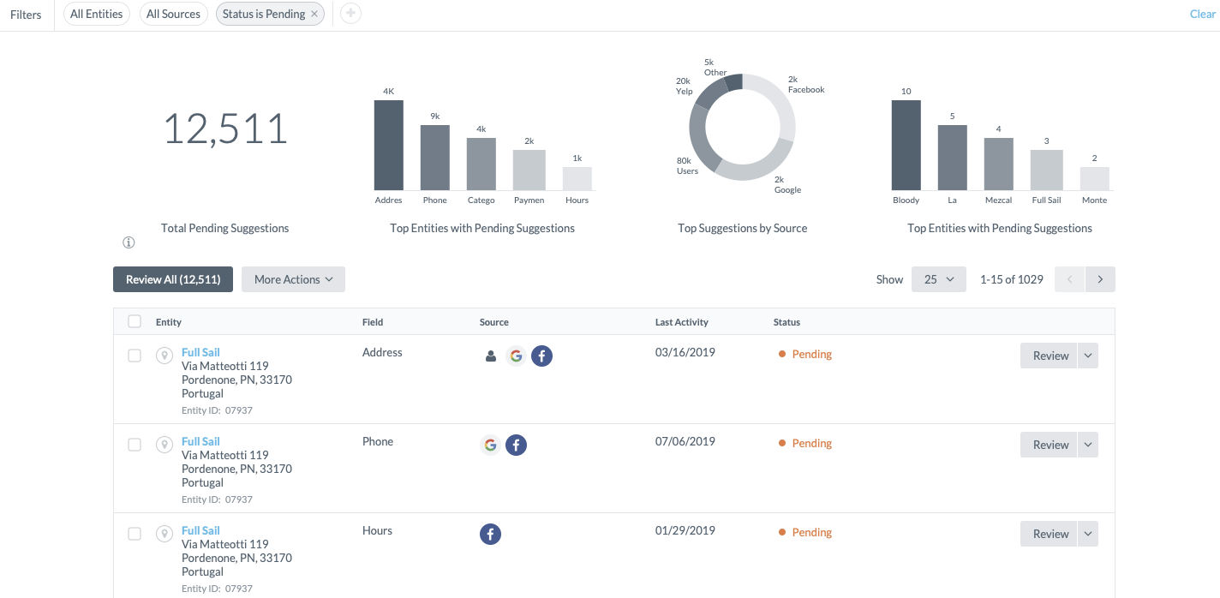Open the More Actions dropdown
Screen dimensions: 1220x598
tap(293, 279)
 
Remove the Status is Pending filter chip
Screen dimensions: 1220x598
tap(314, 15)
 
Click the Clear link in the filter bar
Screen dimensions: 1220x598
tap(1202, 15)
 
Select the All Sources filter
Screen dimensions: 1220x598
tap(173, 15)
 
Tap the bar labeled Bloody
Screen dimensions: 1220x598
tap(906, 145)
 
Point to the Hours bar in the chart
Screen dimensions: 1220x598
tap(577, 179)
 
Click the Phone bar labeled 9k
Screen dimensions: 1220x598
tap(434, 158)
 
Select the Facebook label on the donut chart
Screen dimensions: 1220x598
tap(806, 85)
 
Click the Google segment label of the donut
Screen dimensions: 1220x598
tap(787, 185)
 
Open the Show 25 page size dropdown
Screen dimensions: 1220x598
tap(938, 279)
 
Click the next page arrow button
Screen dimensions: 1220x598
tap(1100, 279)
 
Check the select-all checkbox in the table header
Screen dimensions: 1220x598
tap(135, 321)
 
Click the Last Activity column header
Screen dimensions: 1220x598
tap(681, 322)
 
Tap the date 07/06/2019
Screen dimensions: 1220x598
tap(685, 441)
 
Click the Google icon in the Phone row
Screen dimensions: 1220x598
tap(490, 445)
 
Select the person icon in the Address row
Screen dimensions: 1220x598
tap(491, 356)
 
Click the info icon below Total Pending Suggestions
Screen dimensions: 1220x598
tap(129, 242)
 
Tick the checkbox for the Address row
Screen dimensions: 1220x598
tap(135, 356)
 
